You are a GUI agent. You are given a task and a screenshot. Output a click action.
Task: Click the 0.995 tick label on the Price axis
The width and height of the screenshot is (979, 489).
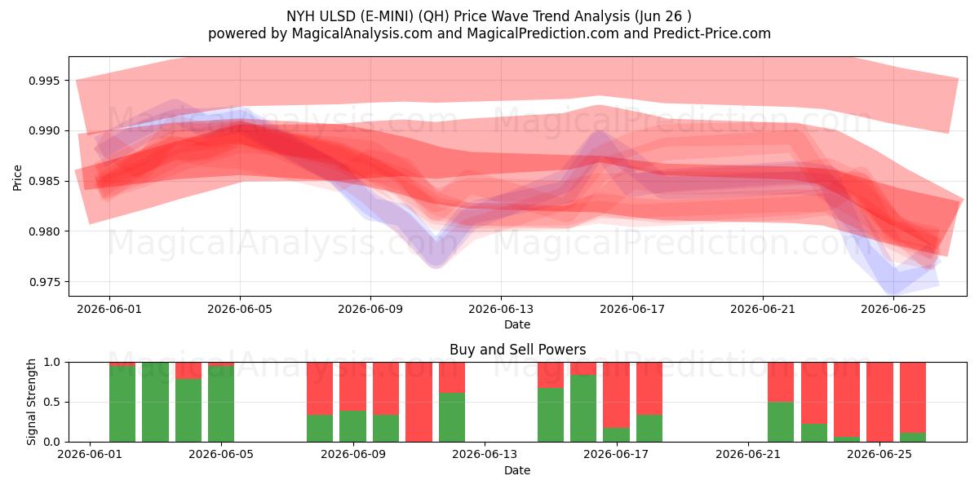44,81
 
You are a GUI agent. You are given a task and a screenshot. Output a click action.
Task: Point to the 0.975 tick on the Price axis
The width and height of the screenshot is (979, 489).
44,282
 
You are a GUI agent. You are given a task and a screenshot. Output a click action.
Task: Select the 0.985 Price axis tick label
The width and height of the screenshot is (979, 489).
44,181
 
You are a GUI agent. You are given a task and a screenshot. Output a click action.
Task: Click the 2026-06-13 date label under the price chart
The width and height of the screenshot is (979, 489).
501,309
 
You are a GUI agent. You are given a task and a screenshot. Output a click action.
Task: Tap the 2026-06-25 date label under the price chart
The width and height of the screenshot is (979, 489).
893,309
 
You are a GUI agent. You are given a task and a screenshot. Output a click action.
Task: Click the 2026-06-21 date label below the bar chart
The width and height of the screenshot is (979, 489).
748,455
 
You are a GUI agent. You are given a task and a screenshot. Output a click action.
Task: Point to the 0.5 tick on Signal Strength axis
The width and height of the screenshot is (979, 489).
52,402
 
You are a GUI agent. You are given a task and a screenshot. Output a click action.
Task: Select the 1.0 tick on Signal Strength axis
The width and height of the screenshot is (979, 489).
52,363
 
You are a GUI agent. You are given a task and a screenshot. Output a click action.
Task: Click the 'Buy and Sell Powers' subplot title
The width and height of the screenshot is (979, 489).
517,350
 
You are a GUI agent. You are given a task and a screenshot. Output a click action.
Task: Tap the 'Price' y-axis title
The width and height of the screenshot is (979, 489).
17,178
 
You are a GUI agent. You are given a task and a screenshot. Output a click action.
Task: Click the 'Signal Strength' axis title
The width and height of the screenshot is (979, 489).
31,402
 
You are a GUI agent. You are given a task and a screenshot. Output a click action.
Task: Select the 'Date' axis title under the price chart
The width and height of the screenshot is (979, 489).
517,324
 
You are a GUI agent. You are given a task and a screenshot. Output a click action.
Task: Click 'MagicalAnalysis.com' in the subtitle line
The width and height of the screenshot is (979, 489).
362,33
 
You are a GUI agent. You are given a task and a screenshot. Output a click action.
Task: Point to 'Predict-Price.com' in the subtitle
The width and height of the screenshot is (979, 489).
712,33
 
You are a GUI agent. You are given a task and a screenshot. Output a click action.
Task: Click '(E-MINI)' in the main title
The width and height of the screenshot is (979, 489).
388,16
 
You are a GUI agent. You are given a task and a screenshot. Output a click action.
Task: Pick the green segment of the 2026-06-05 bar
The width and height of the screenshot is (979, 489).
221,404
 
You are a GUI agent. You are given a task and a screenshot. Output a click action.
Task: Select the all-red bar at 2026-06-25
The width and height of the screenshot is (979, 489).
879,402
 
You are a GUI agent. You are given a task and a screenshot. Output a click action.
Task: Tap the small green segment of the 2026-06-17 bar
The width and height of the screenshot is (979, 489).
616,435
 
